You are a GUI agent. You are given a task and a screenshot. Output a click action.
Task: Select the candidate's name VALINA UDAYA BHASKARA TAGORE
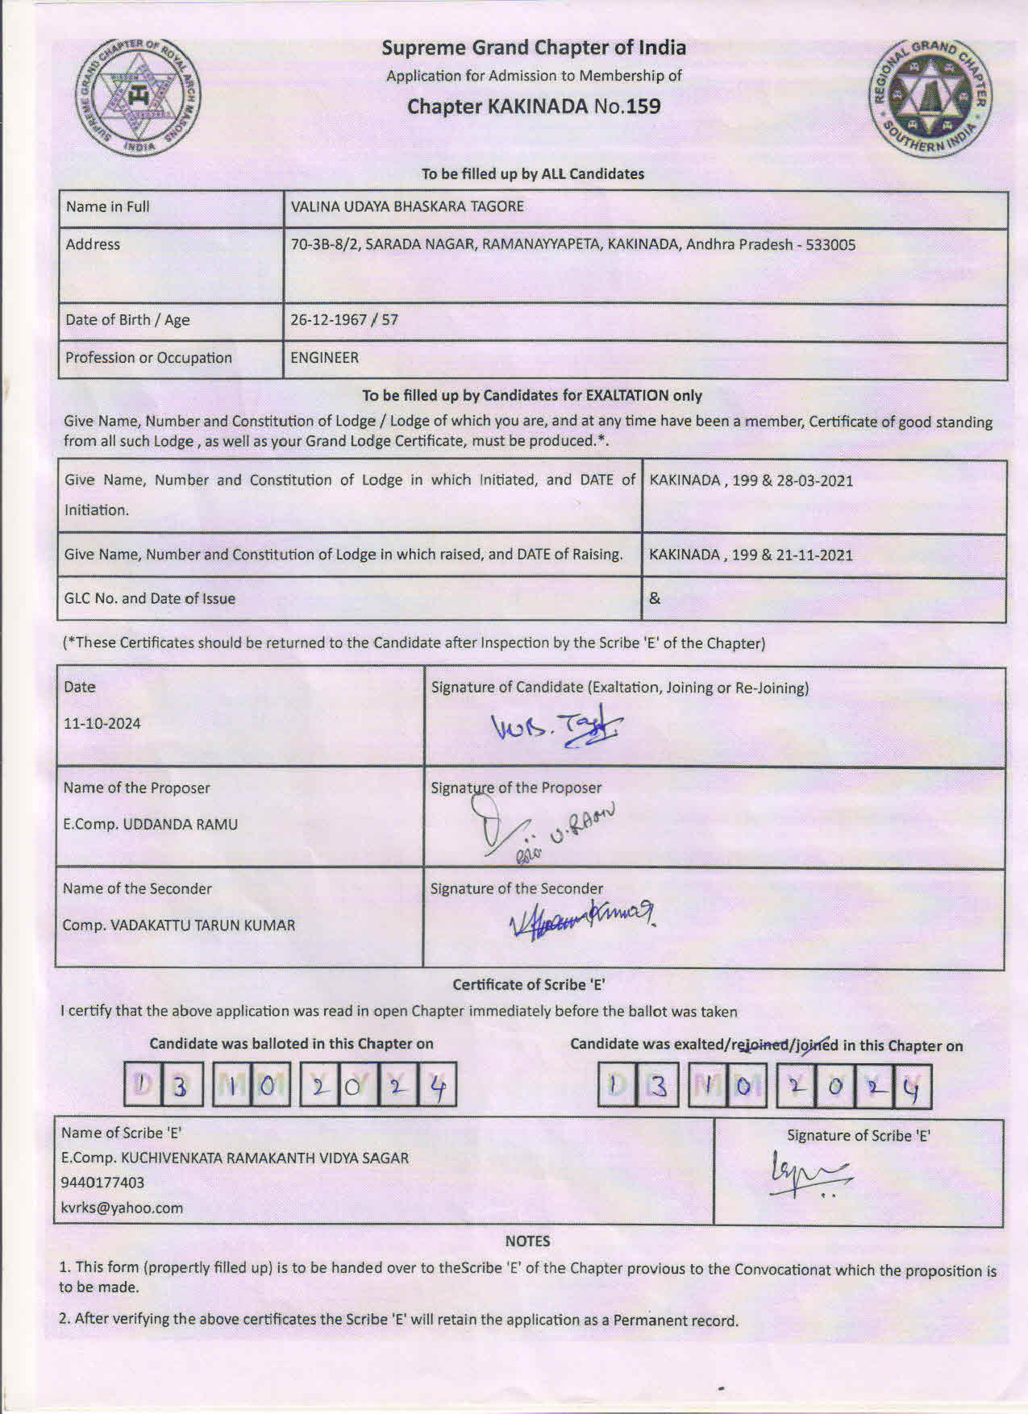coord(407,206)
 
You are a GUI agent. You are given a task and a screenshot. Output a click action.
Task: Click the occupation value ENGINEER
coord(324,358)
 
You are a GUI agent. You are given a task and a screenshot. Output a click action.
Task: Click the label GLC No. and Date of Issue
coord(150,599)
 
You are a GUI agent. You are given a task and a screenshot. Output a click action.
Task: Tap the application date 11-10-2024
coord(102,724)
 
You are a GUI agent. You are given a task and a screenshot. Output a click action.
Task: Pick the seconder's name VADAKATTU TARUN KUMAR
coord(202,925)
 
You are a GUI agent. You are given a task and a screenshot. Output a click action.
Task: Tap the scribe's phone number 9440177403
coord(102,1183)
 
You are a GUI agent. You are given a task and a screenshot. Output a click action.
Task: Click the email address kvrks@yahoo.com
coord(122,1208)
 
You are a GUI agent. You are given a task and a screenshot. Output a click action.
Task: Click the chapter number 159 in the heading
coord(642,106)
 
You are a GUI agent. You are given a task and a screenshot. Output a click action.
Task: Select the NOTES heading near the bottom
coord(527,1241)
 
